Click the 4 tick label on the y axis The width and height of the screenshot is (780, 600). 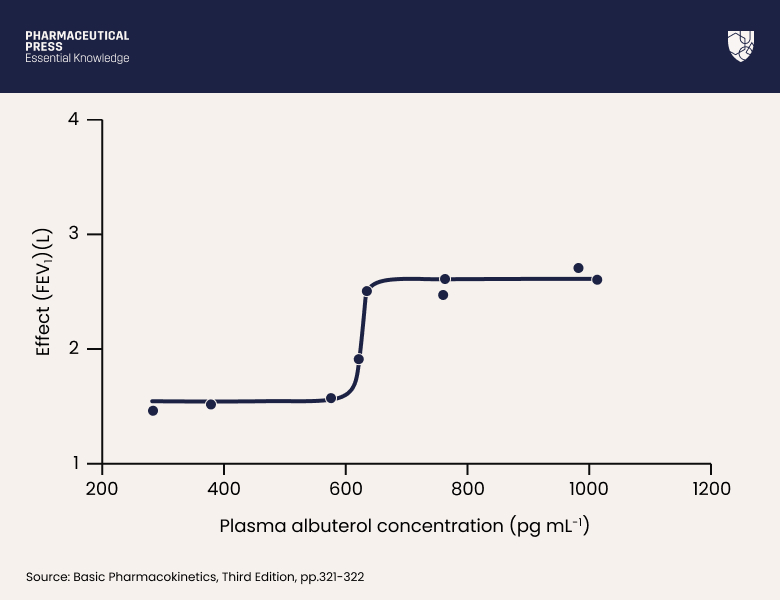coord(74,119)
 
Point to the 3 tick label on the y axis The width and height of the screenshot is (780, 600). coord(74,234)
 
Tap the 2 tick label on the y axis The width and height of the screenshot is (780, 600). coord(74,349)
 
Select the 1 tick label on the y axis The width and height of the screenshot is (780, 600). coord(74,464)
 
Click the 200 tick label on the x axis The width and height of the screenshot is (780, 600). coord(101,489)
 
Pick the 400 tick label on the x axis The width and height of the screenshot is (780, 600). coord(223,489)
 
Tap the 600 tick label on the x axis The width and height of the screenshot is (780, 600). coord(345,489)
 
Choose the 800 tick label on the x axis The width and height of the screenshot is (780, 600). coord(467,489)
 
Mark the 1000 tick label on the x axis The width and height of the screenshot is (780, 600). coord(589,489)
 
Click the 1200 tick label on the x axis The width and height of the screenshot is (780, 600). coord(711,489)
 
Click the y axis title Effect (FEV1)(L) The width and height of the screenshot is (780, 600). coord(43,291)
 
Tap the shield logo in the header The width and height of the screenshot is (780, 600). coord(740,46)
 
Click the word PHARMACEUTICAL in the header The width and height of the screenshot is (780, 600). coord(77,36)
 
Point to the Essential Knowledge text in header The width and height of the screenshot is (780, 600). coord(77,59)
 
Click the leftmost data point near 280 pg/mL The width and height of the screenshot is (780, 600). coord(153,411)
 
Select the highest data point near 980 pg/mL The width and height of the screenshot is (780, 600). coord(578,268)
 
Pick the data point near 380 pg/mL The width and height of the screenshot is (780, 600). coord(211,404)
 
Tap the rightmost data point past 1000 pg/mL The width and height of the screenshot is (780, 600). coord(597,280)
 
